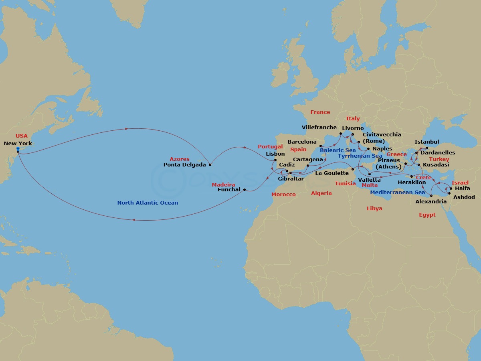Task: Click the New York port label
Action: click(x=18, y=143)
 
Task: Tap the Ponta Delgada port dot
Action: click(x=210, y=164)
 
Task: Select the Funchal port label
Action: click(x=229, y=190)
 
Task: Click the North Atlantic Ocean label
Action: click(x=148, y=203)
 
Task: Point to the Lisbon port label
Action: click(x=275, y=154)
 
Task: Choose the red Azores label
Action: click(x=179, y=159)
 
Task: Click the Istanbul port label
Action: click(x=427, y=142)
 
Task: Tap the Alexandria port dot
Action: click(x=431, y=196)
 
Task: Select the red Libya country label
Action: click(x=374, y=209)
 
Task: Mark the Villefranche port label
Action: click(x=319, y=128)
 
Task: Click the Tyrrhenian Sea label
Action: click(x=360, y=156)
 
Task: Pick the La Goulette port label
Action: click(x=332, y=173)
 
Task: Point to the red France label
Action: click(x=320, y=112)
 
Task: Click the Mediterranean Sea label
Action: click(x=397, y=193)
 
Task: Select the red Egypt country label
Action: click(x=427, y=215)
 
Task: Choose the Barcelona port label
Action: click(x=302, y=142)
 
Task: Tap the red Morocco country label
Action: click(x=283, y=195)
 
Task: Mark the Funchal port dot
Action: click(x=244, y=190)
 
